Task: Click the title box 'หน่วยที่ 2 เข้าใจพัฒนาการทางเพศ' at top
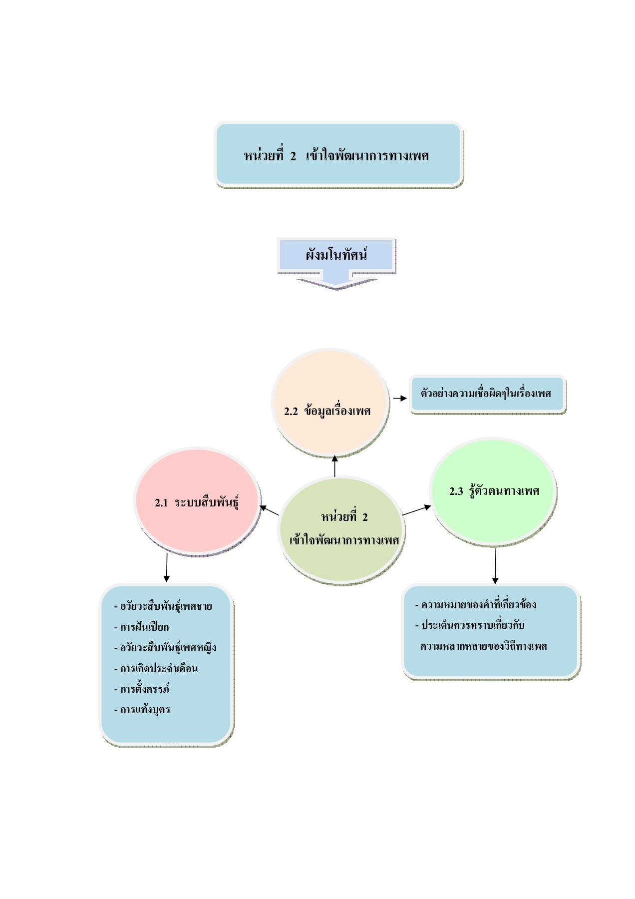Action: pos(338,155)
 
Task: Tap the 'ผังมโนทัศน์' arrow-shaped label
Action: pos(336,256)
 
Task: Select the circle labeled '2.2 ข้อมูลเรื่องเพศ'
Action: pos(330,403)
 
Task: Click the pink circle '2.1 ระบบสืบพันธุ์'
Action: pos(197,501)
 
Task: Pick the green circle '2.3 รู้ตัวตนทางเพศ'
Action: pos(493,490)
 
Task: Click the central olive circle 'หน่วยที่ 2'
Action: pos(341,528)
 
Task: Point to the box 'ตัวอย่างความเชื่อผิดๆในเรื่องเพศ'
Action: pos(487,394)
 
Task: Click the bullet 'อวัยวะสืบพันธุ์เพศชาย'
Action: pos(166,606)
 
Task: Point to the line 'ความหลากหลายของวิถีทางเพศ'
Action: pos(483,646)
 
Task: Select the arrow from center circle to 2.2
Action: pos(335,465)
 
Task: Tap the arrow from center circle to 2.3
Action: pos(416,510)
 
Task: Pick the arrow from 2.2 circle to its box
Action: pos(400,399)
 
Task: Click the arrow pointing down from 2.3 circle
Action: pos(495,566)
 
